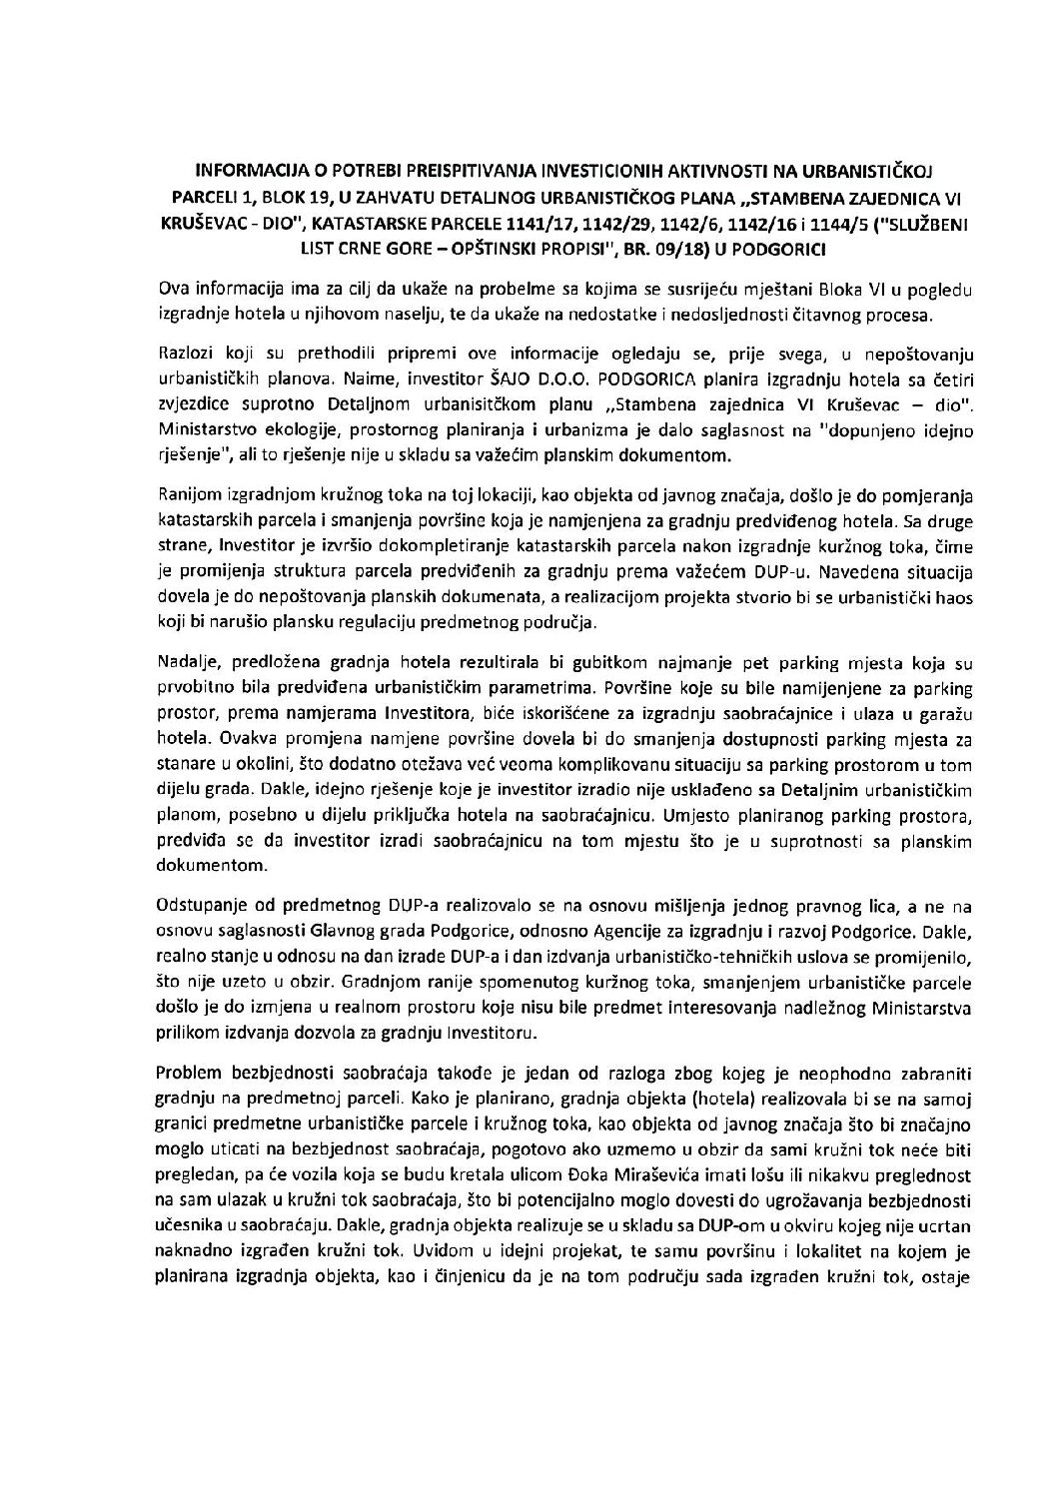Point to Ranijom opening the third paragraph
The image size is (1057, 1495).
point(190,496)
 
